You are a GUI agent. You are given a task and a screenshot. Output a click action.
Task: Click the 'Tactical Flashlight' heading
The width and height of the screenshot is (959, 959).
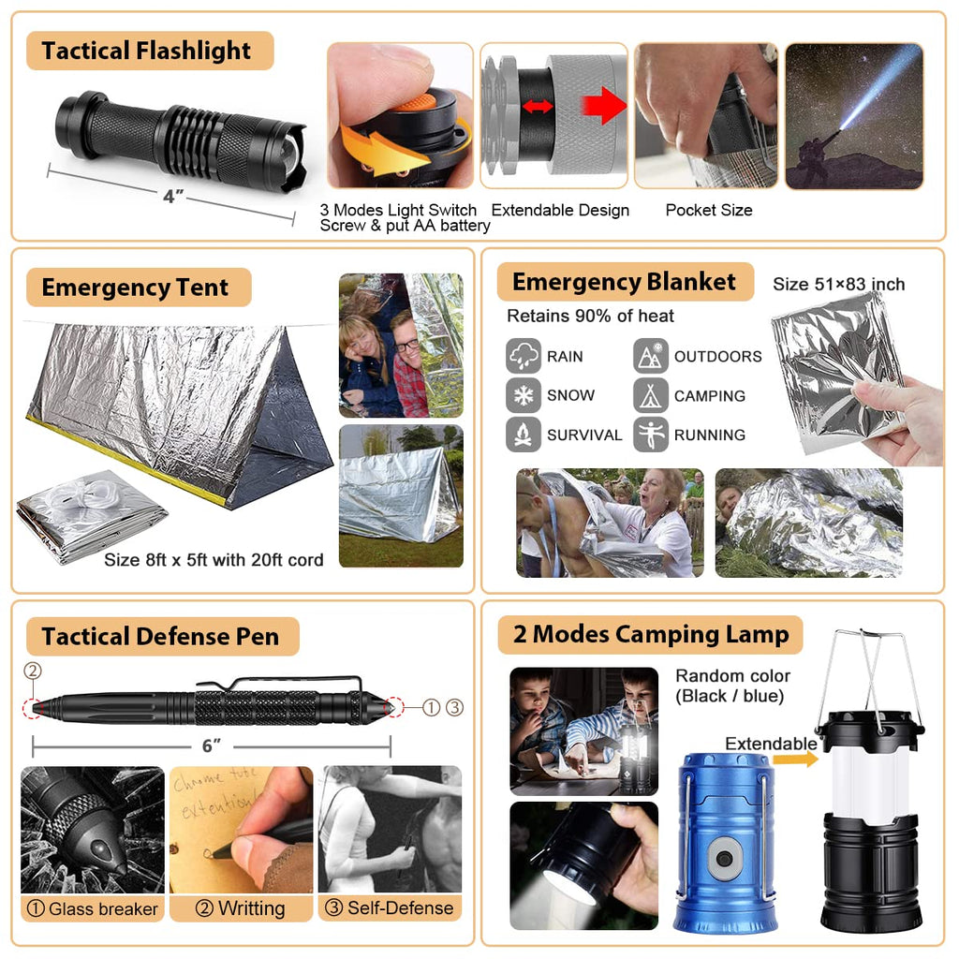(147, 51)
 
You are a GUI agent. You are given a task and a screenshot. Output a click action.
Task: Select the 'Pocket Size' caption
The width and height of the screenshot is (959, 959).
(708, 210)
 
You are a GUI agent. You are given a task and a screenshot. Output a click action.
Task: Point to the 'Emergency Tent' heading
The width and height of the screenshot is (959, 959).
(135, 288)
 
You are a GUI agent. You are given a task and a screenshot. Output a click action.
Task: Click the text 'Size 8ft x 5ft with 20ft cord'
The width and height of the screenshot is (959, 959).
(214, 560)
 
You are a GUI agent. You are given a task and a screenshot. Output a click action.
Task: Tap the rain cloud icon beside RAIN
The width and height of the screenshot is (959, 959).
(524, 356)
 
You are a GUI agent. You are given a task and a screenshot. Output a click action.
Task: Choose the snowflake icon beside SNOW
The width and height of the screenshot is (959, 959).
(524, 395)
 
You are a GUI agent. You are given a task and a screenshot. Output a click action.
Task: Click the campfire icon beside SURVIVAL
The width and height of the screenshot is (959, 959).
(524, 435)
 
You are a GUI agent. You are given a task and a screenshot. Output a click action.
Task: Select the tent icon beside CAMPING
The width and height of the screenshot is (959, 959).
(651, 395)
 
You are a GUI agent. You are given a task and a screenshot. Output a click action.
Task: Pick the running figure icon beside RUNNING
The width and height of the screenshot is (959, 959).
(651, 435)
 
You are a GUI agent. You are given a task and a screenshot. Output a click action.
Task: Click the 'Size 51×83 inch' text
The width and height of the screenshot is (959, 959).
(839, 285)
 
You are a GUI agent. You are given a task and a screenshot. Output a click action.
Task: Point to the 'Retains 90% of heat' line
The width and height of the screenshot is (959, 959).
(590, 316)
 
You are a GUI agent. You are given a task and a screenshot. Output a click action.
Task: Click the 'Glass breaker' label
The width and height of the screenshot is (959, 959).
(93, 908)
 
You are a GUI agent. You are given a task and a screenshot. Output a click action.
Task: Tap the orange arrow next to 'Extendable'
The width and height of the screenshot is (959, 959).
(797, 759)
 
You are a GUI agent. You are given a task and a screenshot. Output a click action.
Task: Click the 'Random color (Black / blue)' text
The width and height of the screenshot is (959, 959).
(732, 686)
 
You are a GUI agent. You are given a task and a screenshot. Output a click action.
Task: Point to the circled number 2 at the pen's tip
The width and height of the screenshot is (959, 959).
(34, 671)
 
